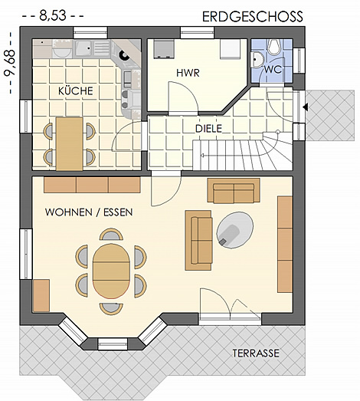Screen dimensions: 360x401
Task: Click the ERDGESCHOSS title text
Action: click(253, 17)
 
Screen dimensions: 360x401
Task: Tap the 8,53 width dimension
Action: click(53, 15)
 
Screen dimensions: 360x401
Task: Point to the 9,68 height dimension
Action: click(10, 63)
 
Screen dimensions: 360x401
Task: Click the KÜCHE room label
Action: click(76, 91)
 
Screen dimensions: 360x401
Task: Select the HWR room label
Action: click(188, 73)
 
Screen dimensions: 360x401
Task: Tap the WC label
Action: click(273, 69)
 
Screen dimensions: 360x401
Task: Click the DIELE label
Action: click(208, 129)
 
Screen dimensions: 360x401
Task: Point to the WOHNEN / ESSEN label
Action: click(89, 212)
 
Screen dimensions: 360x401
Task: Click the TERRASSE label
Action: click(256, 353)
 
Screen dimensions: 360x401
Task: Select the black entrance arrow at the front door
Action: click(306, 107)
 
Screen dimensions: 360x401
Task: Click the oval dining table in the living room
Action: click(111, 271)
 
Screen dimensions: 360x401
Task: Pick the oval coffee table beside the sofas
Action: click(235, 230)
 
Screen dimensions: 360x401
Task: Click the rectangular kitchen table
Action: click(69, 144)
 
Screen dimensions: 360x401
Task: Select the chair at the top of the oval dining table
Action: click(111, 235)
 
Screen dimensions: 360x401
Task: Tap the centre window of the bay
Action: click(113, 343)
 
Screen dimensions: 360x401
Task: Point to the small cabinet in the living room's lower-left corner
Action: click(41, 295)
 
